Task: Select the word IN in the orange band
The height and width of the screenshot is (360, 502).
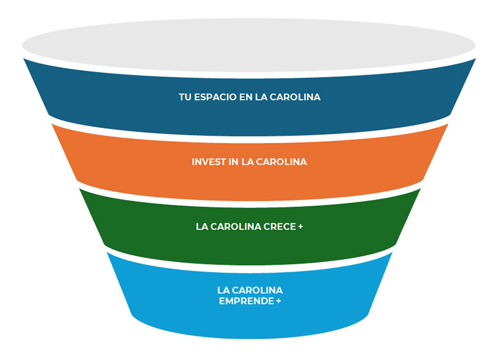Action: click(233, 162)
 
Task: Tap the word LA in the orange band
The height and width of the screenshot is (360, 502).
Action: click(247, 162)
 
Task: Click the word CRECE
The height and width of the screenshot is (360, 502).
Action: click(282, 226)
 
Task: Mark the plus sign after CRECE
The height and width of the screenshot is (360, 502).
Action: click(301, 226)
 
